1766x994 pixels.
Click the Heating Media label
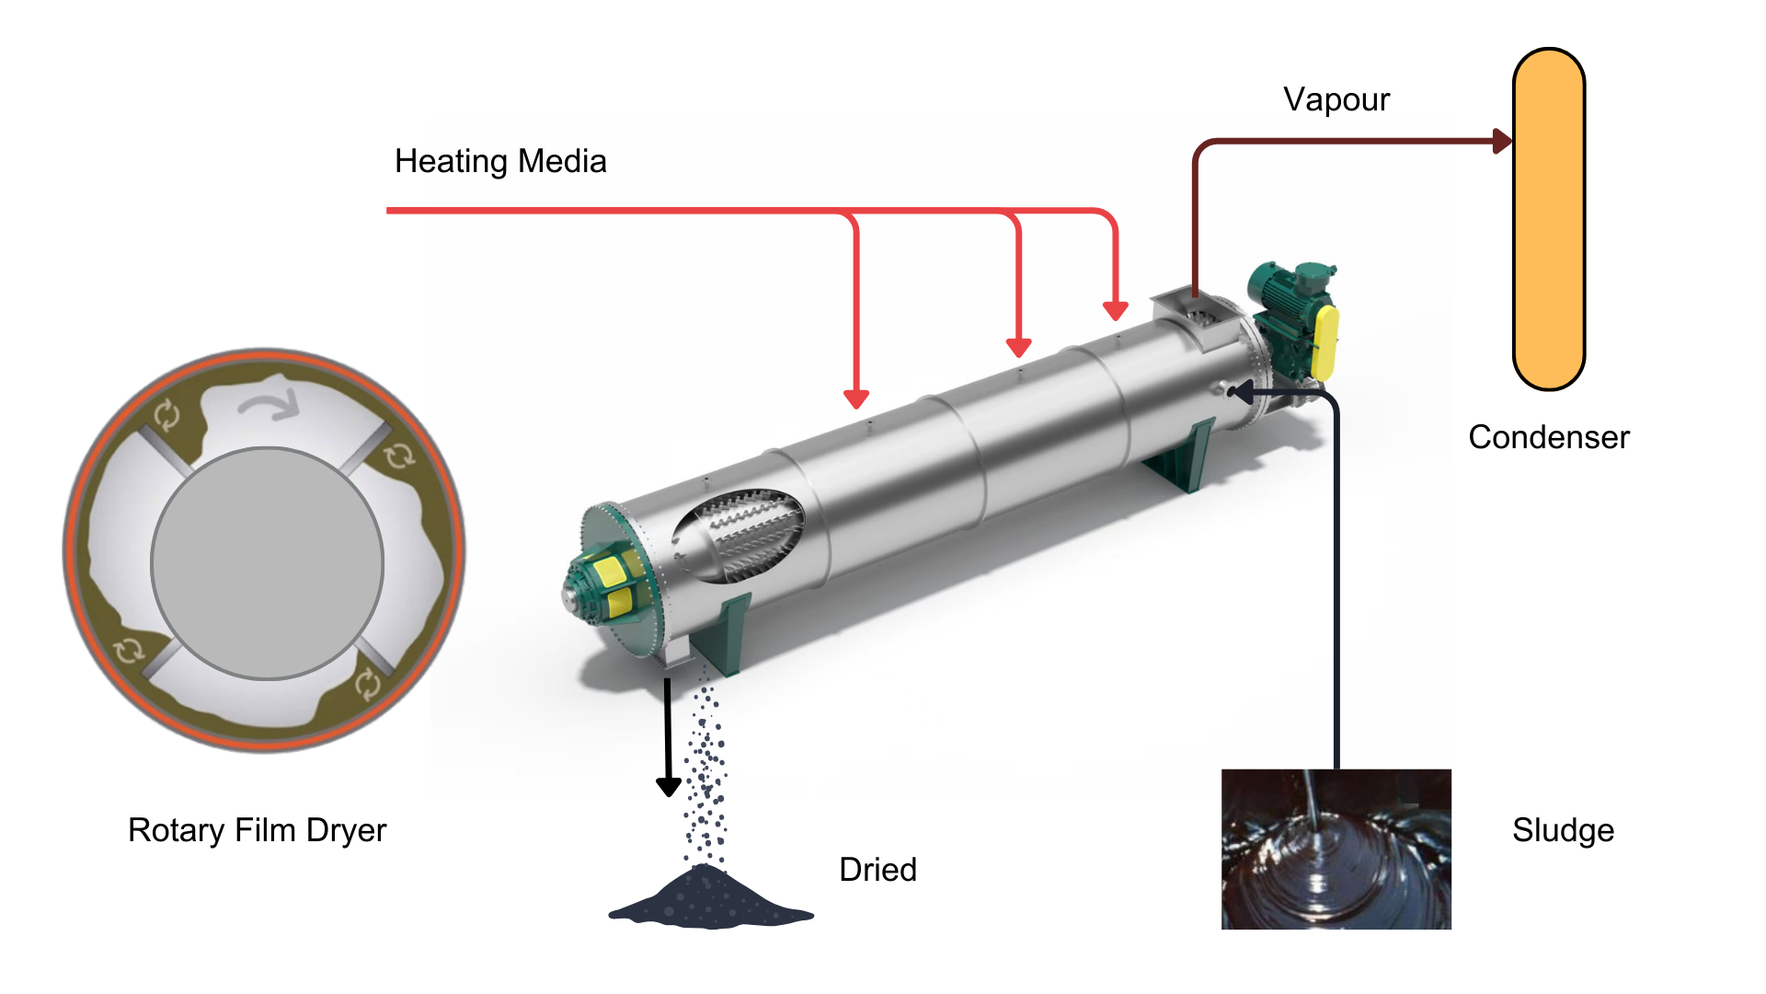tap(500, 162)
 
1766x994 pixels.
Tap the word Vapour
tap(1336, 100)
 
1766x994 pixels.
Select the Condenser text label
tap(1549, 437)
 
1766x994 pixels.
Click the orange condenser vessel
tap(1549, 219)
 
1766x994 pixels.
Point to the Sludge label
tap(1564, 831)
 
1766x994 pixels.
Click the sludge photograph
tap(1336, 849)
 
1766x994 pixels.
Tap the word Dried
tap(878, 870)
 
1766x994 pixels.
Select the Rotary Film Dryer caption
tap(258, 830)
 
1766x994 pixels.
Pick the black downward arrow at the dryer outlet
tap(668, 736)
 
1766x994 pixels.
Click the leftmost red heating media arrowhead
tap(856, 399)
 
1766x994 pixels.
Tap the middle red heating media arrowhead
tap(1018, 348)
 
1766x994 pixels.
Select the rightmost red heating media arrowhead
tap(1116, 311)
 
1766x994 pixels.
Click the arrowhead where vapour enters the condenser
tap(1503, 141)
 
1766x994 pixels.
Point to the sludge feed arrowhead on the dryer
tap(1241, 392)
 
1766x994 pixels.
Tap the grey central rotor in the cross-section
tap(267, 563)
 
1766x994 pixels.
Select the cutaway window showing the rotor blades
tap(738, 536)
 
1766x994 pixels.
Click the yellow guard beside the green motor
tap(1325, 342)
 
